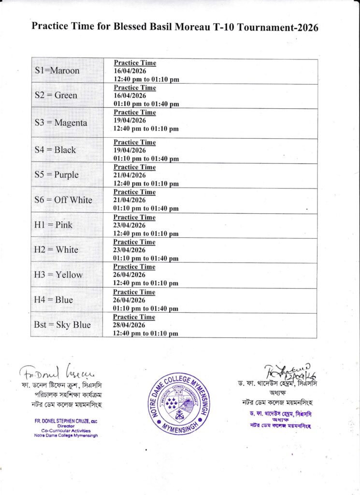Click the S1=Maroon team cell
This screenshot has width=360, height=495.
click(x=58, y=71)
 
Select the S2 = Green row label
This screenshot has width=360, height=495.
click(x=56, y=95)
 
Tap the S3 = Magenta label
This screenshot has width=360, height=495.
click(x=61, y=123)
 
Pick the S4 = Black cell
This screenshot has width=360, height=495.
click(x=56, y=150)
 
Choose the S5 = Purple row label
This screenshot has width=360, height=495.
click(x=57, y=175)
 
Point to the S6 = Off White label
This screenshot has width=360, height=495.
click(x=63, y=200)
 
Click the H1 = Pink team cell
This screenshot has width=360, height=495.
click(x=53, y=225)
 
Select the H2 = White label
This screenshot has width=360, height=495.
click(x=56, y=250)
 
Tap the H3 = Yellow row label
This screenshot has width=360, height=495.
click(x=58, y=275)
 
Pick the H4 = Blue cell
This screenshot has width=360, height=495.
click(x=54, y=300)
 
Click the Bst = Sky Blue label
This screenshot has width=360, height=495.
click(x=62, y=325)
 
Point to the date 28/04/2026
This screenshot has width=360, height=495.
click(x=130, y=325)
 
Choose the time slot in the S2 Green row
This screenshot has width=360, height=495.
click(x=146, y=104)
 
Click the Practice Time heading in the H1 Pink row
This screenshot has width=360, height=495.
click(x=134, y=218)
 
